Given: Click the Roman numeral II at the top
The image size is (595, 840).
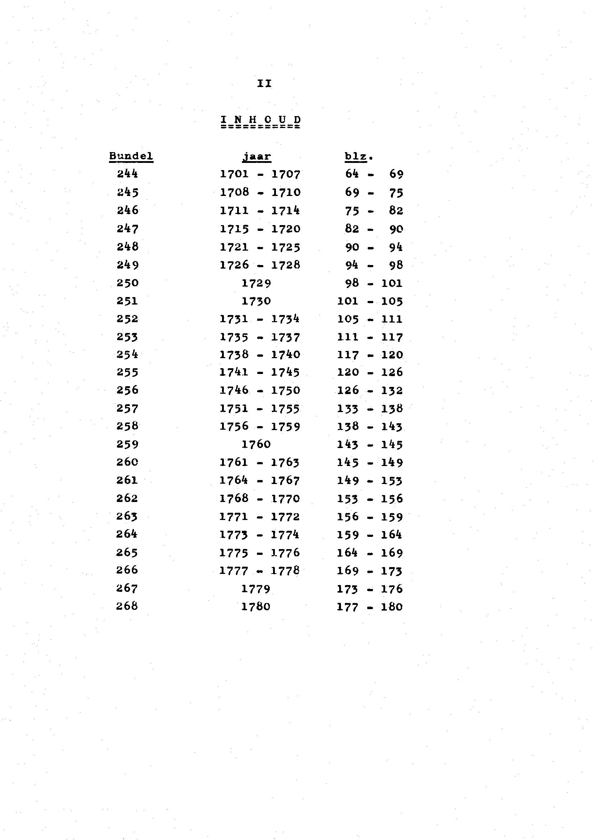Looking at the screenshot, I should click(264, 84).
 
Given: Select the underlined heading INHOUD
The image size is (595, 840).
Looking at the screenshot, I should click(260, 120).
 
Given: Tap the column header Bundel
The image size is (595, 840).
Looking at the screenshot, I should click(131, 156).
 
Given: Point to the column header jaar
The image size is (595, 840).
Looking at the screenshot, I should click(257, 157).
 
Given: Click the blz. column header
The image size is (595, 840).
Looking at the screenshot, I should click(358, 157).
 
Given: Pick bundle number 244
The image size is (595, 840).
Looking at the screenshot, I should click(128, 174).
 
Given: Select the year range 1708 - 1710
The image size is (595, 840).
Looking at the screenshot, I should click(260, 192).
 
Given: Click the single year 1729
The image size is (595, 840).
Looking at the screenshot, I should click(257, 283).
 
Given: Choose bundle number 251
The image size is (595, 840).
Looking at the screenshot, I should click(128, 301).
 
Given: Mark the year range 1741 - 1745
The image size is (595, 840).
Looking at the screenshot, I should click(260, 373).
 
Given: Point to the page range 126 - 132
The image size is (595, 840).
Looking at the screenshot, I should click(370, 391).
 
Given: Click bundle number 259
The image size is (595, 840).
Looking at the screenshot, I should click(128, 444).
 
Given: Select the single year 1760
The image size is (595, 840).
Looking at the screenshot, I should click(256, 444).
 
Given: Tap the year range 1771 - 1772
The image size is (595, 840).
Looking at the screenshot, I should click(259, 517).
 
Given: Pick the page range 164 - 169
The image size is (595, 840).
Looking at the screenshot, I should click(370, 553).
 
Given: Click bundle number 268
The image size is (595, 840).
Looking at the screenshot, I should click(127, 606).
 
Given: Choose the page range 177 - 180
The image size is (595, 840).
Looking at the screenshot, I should click(370, 607).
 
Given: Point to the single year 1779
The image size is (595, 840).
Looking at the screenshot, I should click(256, 589).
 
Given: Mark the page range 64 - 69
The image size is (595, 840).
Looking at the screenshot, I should click(374, 174).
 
